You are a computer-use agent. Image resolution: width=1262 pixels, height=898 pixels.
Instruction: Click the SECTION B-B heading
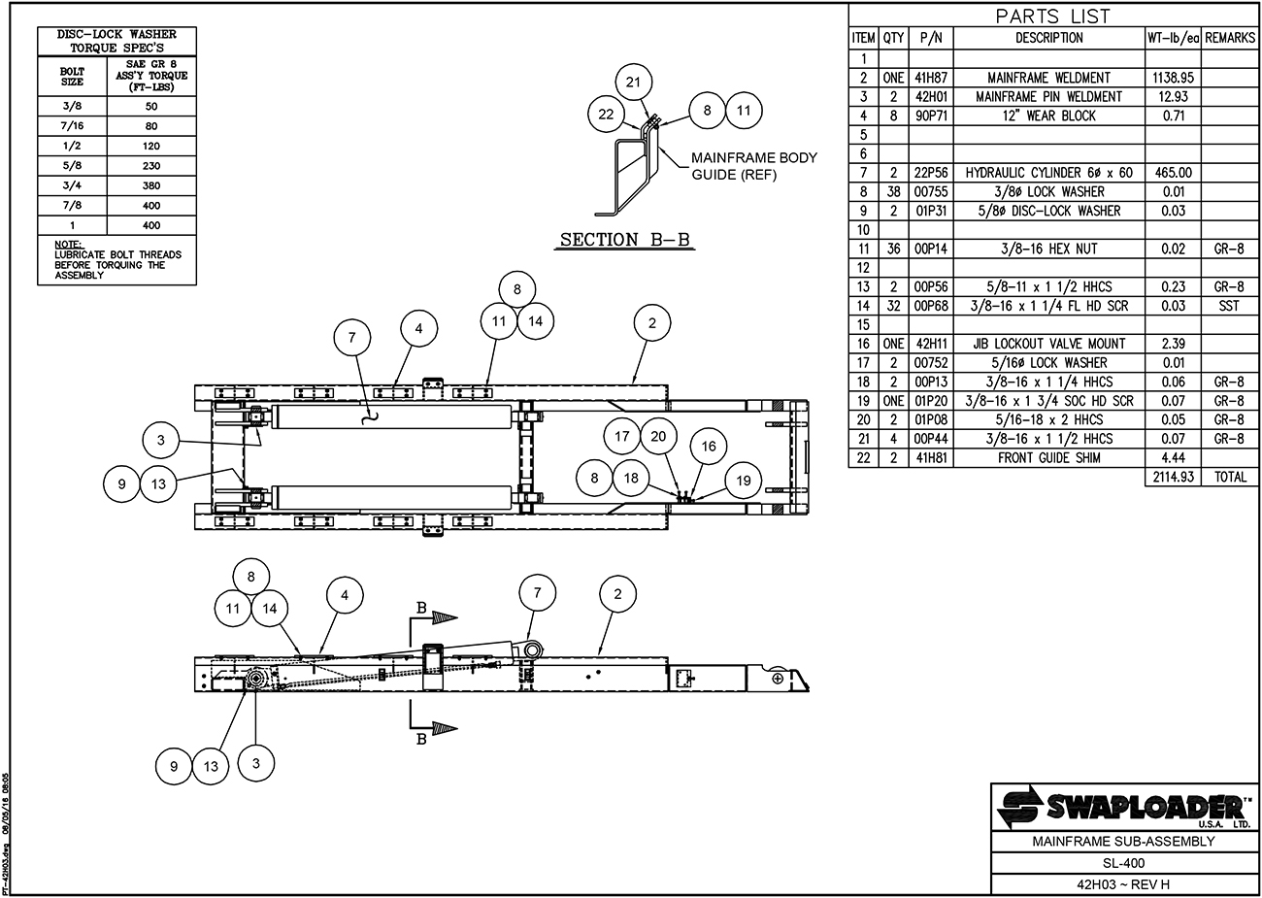(624, 240)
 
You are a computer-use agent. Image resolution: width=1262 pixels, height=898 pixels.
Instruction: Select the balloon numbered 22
(606, 115)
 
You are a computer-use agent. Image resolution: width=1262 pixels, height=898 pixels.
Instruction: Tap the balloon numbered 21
(633, 83)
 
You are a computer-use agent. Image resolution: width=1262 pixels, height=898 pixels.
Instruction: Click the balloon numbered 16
(709, 447)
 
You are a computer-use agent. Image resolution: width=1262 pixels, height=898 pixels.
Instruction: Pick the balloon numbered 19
(743, 481)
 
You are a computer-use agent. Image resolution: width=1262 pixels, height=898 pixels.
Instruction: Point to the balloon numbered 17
(621, 436)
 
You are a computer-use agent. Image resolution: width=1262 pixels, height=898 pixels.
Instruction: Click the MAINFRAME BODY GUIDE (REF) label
(754, 166)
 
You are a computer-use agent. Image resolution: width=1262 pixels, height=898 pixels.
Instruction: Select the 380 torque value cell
(151, 185)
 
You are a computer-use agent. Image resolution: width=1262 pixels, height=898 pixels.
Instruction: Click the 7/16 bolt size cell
(72, 125)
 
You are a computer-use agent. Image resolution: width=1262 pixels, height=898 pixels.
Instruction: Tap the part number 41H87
(931, 78)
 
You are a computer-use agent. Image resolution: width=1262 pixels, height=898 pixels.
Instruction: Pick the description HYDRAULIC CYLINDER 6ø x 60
(1048, 173)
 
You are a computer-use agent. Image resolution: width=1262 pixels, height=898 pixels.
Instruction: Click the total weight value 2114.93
(1173, 477)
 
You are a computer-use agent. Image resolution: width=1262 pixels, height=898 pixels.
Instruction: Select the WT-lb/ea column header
(1173, 38)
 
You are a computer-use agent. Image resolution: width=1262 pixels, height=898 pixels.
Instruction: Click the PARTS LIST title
(1052, 17)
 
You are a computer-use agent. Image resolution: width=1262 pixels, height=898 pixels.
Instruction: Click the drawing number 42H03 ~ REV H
(1123, 883)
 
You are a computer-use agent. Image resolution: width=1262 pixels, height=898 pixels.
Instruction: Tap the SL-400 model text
(1123, 862)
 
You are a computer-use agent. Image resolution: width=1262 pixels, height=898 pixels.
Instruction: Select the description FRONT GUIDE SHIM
(1048, 457)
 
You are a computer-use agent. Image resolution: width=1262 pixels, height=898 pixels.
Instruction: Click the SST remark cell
(1229, 306)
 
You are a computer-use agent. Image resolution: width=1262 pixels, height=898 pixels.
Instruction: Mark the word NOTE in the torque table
(68, 245)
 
